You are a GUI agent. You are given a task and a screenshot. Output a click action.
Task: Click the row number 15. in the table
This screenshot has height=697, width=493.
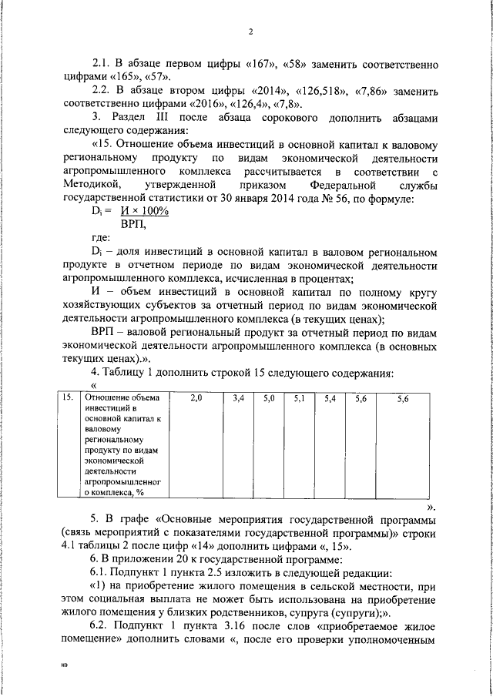[69, 398]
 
